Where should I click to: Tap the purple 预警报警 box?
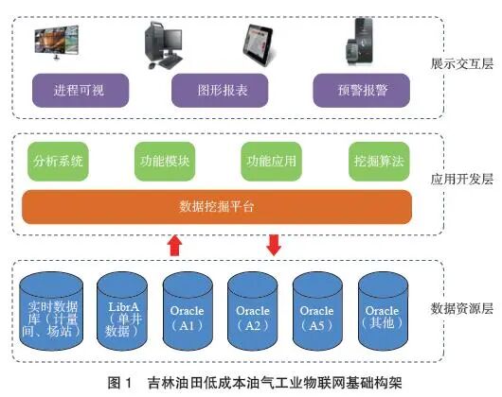tap(356, 91)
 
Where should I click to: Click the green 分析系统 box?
tap(58, 160)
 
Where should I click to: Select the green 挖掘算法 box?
tap(377, 160)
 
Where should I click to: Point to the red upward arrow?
tap(174, 246)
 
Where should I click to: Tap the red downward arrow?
tap(275, 245)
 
